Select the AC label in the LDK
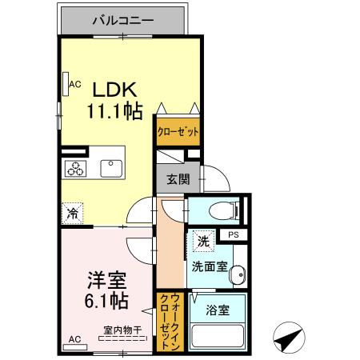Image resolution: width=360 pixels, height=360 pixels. point(74,83)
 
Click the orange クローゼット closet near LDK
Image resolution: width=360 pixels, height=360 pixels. point(177,130)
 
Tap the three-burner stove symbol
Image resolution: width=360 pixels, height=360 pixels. point(77,168)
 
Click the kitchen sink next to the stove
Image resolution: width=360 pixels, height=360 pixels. point(110,168)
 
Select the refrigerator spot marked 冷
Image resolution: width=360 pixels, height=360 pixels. point(73,212)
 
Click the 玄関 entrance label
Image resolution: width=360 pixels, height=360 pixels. point(178,180)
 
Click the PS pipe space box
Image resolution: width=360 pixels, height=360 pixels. point(234,234)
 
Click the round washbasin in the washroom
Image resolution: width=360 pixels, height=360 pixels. point(237,278)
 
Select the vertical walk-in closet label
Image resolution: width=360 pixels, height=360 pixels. point(170,320)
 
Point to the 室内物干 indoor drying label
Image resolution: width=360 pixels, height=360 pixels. point(122,329)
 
